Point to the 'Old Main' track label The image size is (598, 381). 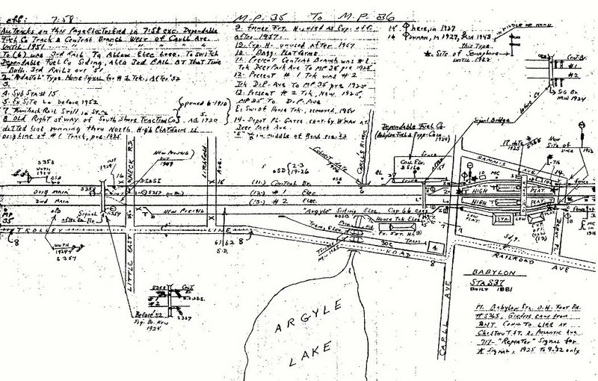point(37,193)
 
